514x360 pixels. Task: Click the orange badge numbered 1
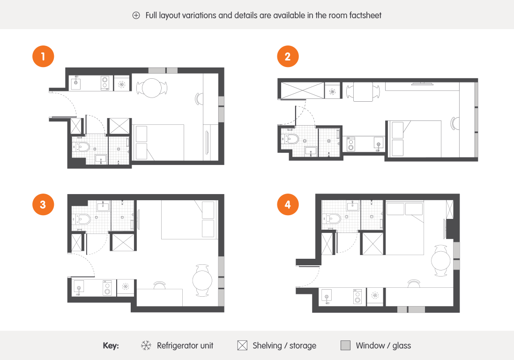[43, 56]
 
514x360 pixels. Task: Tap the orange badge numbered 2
[288, 56]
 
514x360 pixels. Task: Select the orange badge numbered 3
[43, 204]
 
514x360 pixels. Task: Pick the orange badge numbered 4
[288, 204]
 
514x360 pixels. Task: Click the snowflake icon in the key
[146, 345]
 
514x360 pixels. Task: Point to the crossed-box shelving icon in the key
[242, 345]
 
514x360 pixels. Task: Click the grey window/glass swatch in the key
[345, 345]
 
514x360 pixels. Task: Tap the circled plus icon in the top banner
[136, 15]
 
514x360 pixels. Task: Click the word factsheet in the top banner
[365, 15]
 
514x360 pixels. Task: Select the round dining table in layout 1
[151, 88]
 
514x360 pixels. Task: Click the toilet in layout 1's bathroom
[82, 147]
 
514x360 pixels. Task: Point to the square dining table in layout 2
[363, 91]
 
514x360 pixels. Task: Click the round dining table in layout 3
[202, 281]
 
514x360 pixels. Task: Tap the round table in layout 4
[441, 261]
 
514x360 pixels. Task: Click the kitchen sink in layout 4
[327, 297]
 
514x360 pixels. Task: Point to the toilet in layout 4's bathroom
[332, 218]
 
